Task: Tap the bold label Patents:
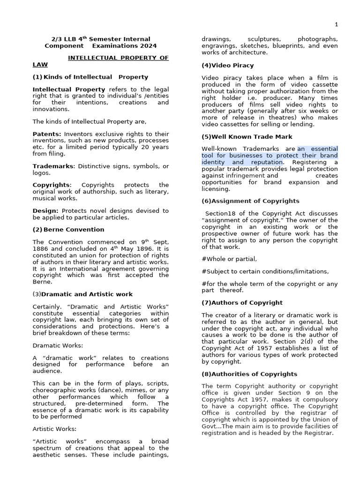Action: click(47, 134)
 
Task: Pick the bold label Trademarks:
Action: click(53, 166)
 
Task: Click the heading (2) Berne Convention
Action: click(68, 230)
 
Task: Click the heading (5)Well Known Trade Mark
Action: click(247, 137)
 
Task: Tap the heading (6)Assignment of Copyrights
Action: click(250, 201)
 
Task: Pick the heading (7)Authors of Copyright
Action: click(242, 303)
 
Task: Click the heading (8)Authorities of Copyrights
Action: click(249, 374)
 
